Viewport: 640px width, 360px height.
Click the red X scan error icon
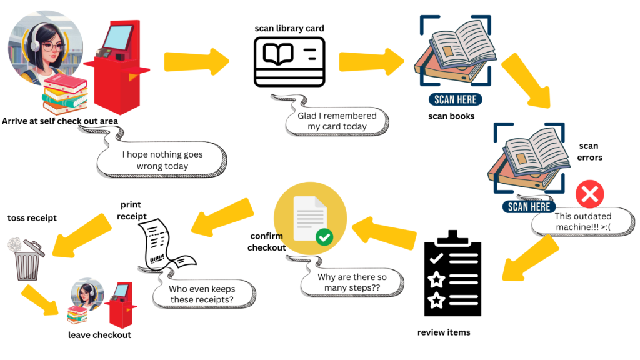[589, 195]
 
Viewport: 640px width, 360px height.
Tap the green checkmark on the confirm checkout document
[324, 237]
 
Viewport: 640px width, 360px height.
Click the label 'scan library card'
[289, 29]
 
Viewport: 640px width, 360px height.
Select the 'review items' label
[444, 332]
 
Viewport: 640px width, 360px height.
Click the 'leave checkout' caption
[100, 335]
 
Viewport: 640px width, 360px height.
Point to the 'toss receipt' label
[32, 218]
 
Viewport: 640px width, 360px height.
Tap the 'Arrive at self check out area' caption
[60, 121]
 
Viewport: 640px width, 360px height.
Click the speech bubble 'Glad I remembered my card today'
[337, 121]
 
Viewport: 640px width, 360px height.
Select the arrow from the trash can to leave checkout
[43, 299]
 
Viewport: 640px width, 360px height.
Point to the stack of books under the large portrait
[64, 94]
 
